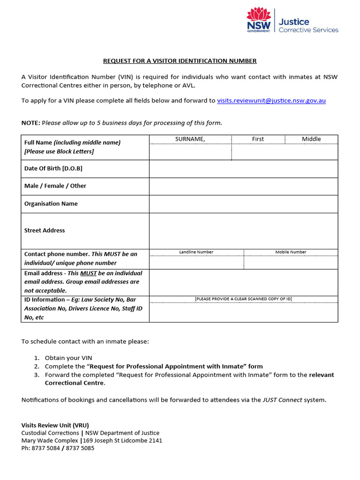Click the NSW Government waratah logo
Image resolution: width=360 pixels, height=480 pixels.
(x=259, y=19)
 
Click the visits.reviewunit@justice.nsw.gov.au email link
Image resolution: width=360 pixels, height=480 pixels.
(x=271, y=100)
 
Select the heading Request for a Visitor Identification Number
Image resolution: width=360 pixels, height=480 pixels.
(x=180, y=61)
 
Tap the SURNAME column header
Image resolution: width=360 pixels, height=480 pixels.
(x=190, y=139)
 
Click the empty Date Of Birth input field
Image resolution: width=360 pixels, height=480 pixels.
(x=243, y=169)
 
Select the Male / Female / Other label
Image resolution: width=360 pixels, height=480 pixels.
(x=55, y=186)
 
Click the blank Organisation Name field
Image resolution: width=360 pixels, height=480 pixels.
(x=243, y=204)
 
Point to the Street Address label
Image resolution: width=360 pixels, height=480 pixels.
(x=45, y=231)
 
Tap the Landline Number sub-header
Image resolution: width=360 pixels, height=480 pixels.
(x=196, y=252)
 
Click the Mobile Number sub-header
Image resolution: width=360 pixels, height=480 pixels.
(x=291, y=252)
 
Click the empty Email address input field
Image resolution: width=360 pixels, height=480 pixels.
(x=243, y=282)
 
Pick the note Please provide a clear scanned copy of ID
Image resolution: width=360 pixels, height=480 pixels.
(x=243, y=299)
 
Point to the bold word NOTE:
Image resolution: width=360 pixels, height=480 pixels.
(x=31, y=123)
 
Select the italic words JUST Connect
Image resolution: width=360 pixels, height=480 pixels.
(x=282, y=400)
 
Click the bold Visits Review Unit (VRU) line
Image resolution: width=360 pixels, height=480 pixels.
(x=55, y=425)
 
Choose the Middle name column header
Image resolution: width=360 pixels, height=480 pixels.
(x=311, y=139)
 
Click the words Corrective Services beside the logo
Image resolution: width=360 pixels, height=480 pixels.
(x=308, y=30)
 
